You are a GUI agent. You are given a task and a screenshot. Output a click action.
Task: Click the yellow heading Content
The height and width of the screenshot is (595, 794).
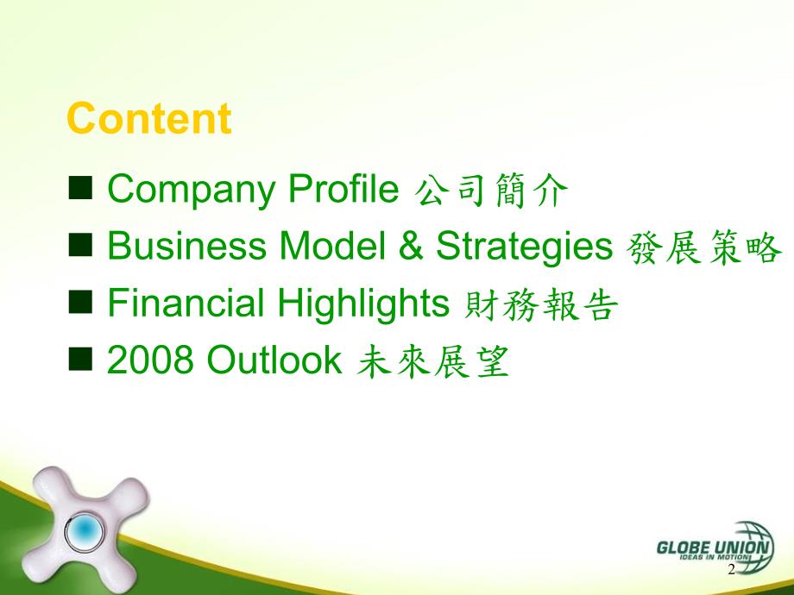tap(148, 118)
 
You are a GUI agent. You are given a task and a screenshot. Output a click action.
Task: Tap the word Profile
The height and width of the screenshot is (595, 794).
tap(343, 188)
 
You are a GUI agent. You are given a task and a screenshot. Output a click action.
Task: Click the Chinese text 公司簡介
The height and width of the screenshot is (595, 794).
tap(491, 191)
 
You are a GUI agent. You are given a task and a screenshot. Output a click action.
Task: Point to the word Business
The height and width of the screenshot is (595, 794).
tap(187, 246)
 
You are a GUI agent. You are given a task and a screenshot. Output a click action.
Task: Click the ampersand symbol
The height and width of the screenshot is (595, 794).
tap(411, 246)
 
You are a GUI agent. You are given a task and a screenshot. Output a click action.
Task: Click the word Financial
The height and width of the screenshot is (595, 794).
tap(186, 303)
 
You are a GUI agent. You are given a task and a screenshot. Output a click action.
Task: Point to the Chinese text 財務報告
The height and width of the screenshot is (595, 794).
tap(541, 305)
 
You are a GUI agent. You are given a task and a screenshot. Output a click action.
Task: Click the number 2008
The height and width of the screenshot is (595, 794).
tap(150, 360)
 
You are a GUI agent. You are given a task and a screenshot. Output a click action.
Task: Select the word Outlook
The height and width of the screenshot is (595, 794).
tap(274, 360)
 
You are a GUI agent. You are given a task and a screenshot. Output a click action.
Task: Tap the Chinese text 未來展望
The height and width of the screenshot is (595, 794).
tap(432, 361)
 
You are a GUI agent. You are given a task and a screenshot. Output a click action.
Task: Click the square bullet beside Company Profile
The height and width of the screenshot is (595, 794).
tap(80, 188)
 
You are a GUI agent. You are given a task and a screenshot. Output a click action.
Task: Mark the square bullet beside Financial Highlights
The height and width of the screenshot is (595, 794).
tap(80, 302)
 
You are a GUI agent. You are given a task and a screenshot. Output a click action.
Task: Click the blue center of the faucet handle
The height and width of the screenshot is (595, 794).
tap(85, 529)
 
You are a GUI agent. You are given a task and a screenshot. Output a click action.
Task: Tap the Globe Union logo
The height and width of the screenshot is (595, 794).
tap(715, 547)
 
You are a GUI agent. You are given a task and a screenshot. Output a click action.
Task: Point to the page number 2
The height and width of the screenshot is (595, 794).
tap(731, 570)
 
